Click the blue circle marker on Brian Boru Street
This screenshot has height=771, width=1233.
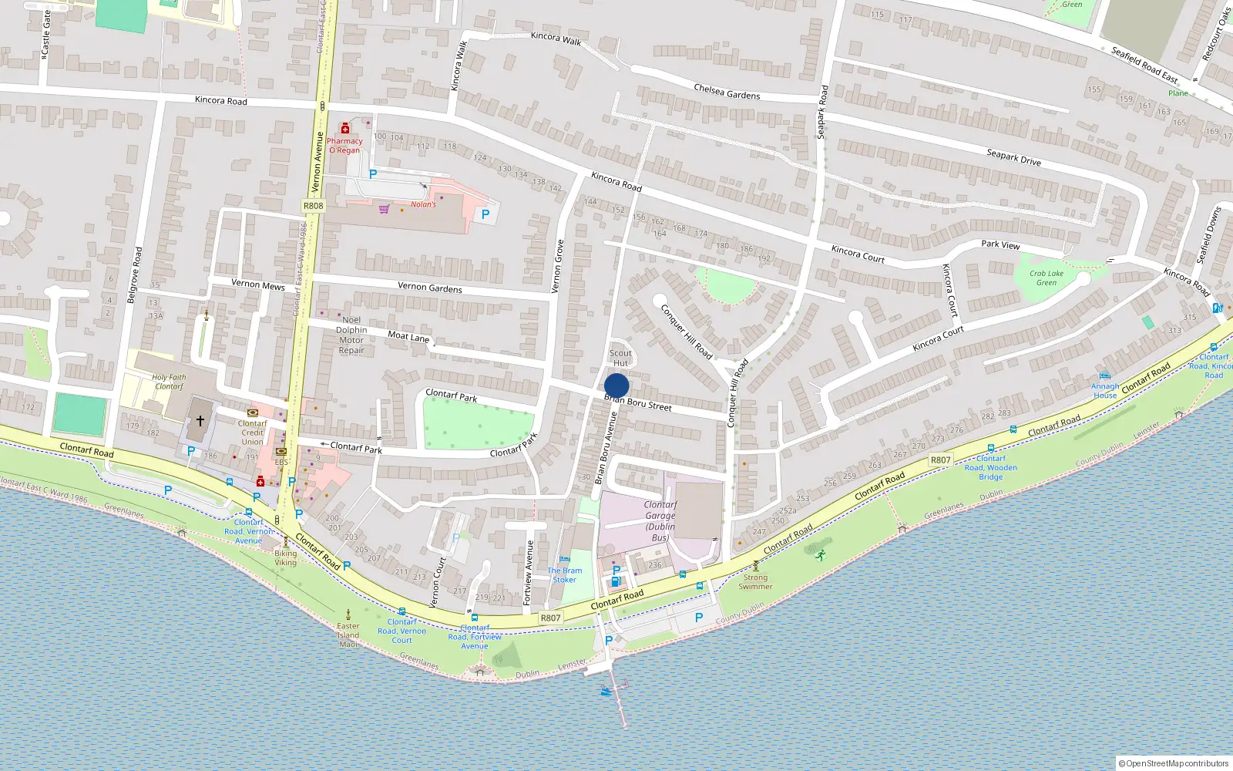(x=616, y=385)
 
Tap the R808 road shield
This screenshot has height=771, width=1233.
(x=313, y=206)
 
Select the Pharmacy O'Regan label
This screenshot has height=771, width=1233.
(x=344, y=146)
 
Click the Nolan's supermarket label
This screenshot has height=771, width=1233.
(x=423, y=204)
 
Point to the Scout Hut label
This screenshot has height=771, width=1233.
(x=620, y=358)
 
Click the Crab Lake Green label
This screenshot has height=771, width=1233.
(x=1047, y=278)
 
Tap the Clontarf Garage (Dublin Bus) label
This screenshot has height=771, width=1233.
(x=660, y=521)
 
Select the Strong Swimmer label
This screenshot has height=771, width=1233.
(x=755, y=581)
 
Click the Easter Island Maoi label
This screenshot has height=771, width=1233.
(x=348, y=635)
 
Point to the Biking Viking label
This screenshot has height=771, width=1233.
(x=285, y=557)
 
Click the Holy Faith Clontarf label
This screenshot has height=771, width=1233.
(x=170, y=382)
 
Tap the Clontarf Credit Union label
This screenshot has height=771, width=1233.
(x=252, y=433)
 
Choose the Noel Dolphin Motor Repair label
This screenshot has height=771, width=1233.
(x=351, y=335)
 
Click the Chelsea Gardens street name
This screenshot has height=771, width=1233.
(x=727, y=92)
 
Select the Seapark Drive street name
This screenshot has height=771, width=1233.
(x=1013, y=157)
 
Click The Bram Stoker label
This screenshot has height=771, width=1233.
(x=565, y=575)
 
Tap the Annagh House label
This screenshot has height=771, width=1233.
(x=1105, y=391)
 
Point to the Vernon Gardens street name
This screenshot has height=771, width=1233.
(x=430, y=288)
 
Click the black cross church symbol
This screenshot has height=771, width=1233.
(x=200, y=421)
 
